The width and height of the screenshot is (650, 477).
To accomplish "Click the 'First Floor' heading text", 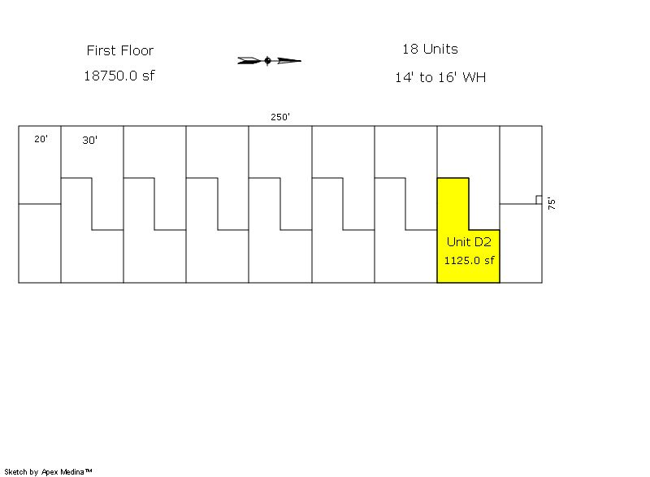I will coord(120,50).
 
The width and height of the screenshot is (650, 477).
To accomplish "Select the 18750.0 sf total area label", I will coord(119,76).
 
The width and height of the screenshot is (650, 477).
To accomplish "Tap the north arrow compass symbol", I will coord(269,60).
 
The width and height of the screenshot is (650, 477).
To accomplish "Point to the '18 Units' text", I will coord(430,50).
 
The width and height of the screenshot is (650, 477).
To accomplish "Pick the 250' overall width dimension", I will coord(280,117).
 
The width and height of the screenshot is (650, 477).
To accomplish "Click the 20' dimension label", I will coord(41,139).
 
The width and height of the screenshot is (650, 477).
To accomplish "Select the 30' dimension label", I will coord(89,140).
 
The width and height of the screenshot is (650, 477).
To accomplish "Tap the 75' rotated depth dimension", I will coord(552,203).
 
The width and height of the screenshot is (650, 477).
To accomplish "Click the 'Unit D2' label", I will coord(469,242).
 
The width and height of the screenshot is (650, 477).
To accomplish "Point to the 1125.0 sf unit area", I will coord(469,261).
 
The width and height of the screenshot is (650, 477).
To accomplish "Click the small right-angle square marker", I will coord(538,200).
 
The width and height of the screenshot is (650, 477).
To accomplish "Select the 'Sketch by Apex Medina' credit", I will coord(48,471).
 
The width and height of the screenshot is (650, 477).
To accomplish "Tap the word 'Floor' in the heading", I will coord(137,50).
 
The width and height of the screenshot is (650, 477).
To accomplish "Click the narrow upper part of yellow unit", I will coord(453,203).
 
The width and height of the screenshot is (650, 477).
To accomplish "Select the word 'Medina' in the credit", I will coord(73,471).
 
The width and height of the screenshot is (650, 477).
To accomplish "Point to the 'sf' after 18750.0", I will coord(147,76).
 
